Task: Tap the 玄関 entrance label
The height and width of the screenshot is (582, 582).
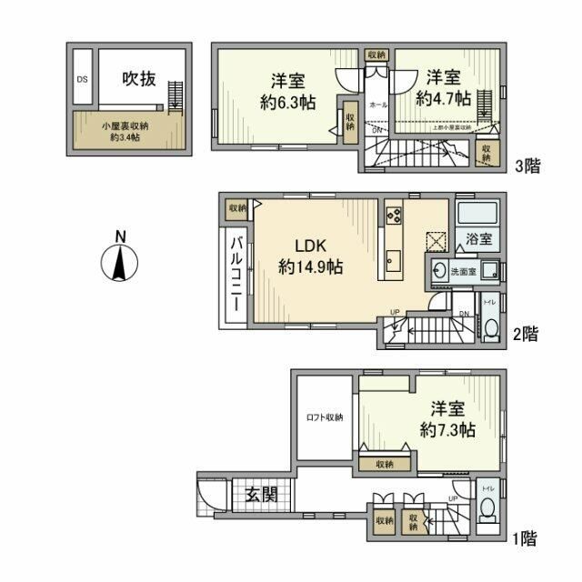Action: [262, 496]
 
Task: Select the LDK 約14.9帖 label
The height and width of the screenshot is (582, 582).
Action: [309, 256]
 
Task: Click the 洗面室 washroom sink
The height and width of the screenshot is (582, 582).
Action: [442, 271]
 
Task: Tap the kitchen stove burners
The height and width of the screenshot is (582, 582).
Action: [395, 216]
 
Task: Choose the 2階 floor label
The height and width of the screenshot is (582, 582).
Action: [525, 334]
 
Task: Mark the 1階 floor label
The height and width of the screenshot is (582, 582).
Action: [525, 538]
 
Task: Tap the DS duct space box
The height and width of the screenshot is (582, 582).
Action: [82, 79]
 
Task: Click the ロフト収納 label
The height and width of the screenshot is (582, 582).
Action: [324, 417]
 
